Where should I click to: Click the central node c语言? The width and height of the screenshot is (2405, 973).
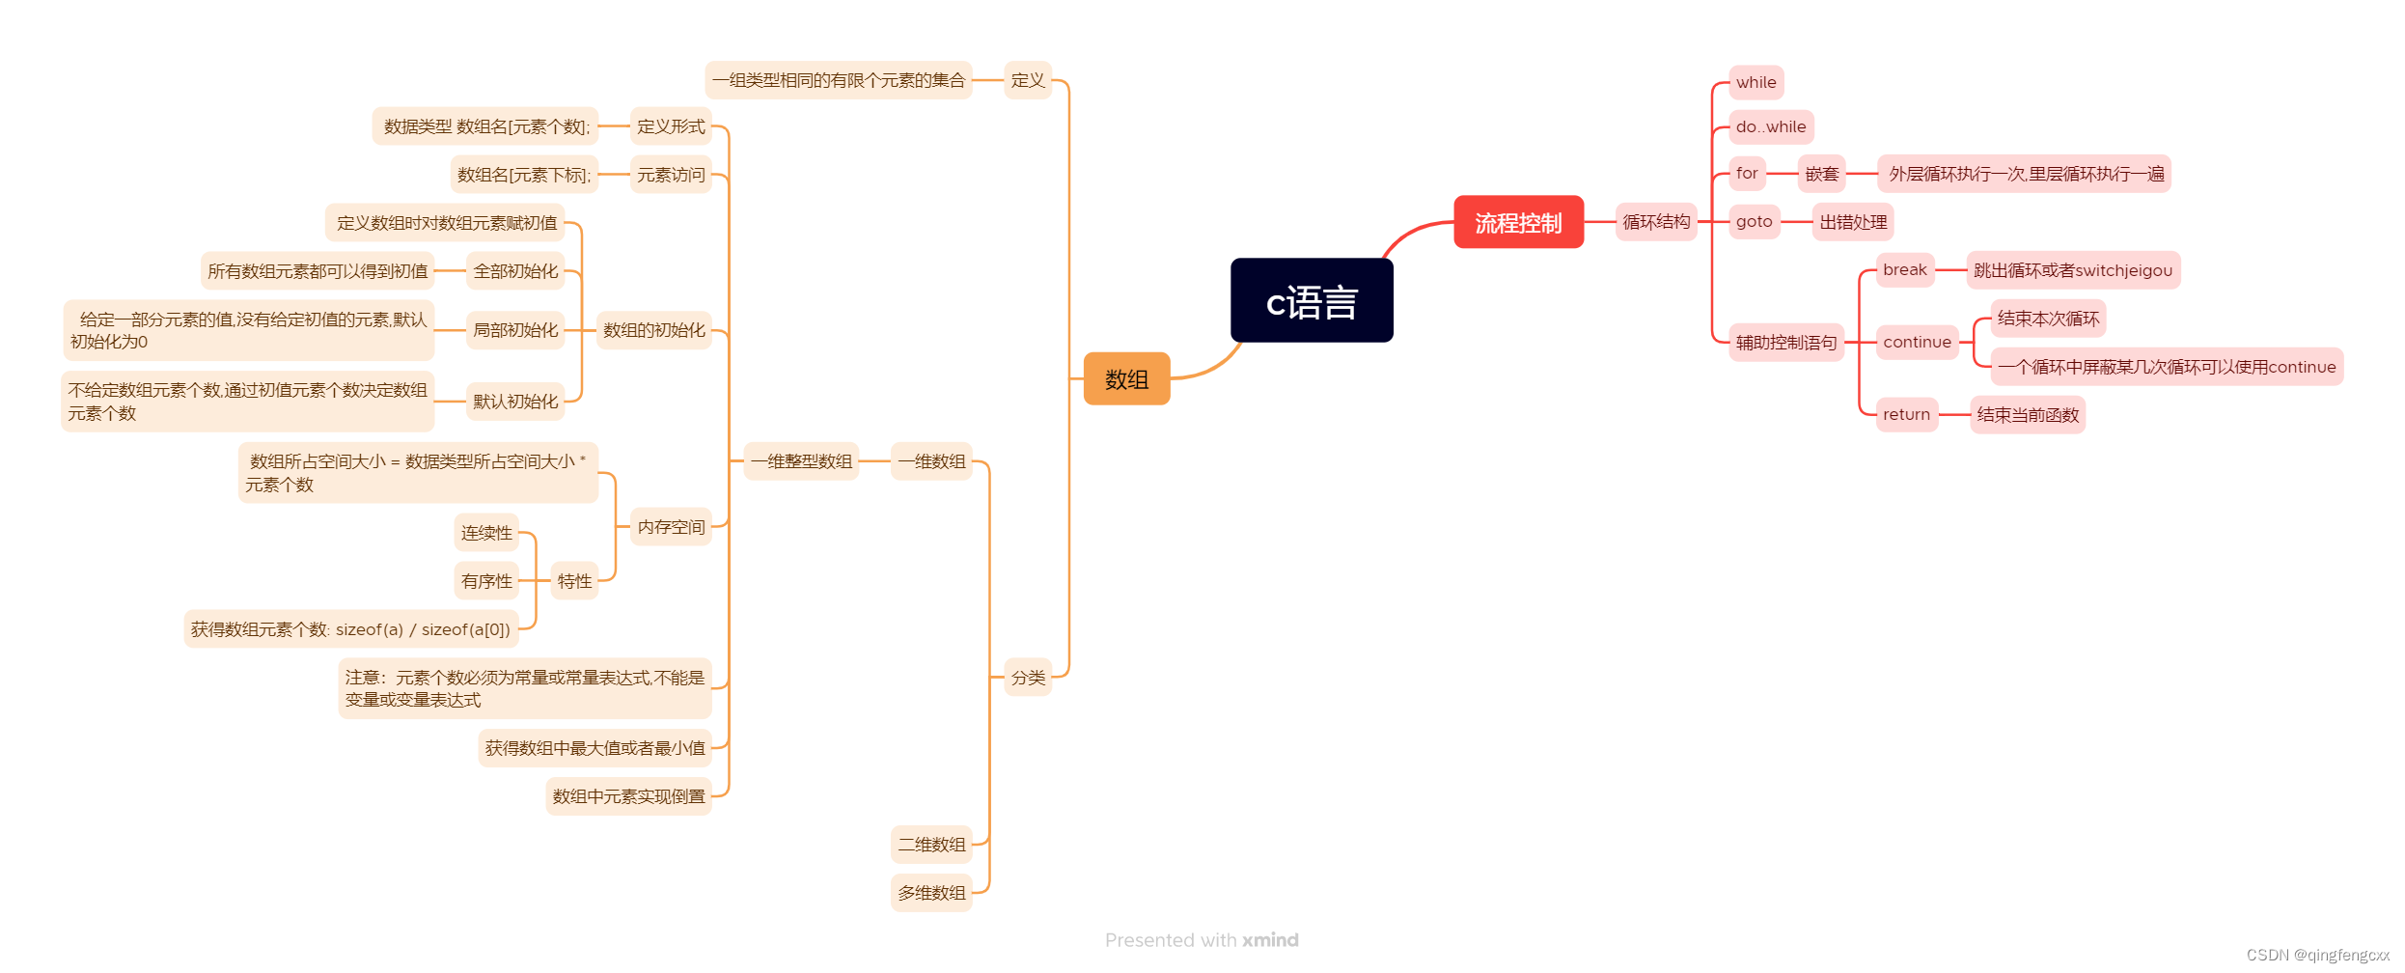[1311, 300]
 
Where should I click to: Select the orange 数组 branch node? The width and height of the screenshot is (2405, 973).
[1126, 378]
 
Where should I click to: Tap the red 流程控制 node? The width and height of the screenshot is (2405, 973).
[1518, 222]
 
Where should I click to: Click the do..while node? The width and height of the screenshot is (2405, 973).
[1770, 126]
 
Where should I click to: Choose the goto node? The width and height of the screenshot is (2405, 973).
[1754, 221]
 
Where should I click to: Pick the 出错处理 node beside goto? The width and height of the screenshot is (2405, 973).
[1853, 222]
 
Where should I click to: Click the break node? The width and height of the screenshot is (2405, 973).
[1904, 269]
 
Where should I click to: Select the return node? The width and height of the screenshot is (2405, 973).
[1906, 414]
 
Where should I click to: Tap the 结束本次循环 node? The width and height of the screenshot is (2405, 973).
[2048, 319]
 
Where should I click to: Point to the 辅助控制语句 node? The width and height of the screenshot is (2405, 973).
[1785, 342]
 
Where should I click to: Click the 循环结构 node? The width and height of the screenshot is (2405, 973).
[1656, 222]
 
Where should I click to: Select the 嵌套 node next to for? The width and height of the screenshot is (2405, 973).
[1821, 174]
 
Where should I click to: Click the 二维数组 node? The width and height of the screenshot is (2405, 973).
[931, 845]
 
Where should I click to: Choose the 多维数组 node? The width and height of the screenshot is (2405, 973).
[931, 893]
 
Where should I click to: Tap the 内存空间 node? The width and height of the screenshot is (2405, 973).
[671, 527]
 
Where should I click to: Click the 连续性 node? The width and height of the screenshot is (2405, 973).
[486, 533]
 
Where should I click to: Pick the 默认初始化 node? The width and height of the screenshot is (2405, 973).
[515, 402]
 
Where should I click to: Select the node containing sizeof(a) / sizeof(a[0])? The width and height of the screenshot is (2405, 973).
[350, 629]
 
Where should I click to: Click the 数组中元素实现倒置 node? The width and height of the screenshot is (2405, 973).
[628, 796]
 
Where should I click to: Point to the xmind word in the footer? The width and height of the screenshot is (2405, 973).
[1270, 940]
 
